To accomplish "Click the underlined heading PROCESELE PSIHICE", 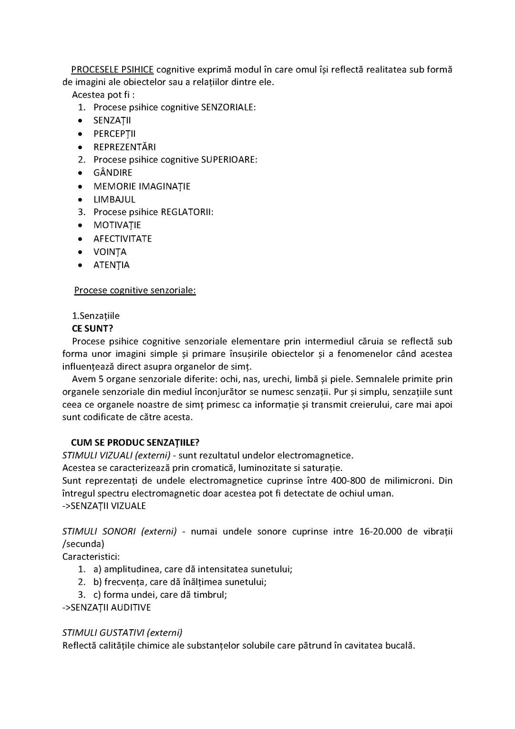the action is [112, 70].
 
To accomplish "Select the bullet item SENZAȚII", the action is [112, 120].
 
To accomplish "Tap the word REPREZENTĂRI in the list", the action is [124, 147].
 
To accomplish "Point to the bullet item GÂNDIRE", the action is [113, 173].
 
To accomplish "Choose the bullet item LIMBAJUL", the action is [114, 199].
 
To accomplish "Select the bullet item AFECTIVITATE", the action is [123, 239].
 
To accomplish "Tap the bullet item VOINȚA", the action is [110, 252].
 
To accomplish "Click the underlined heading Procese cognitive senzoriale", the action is [135, 290].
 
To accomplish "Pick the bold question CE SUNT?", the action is [93, 328].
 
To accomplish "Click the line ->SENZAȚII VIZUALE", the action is [104, 506].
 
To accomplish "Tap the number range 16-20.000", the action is [380, 531].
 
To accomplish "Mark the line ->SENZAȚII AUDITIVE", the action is [106, 607].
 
